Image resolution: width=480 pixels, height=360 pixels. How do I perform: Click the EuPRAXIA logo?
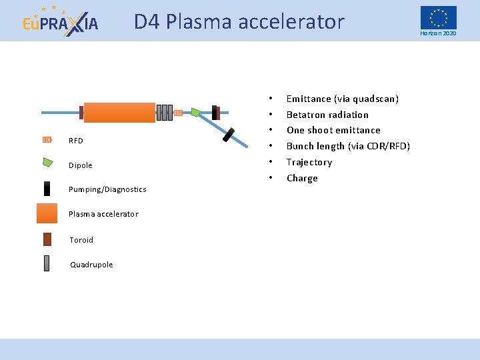pos(60,21)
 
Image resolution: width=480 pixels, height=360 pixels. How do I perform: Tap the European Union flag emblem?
pos(438,17)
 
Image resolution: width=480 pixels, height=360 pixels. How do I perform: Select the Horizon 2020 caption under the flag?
pos(438,33)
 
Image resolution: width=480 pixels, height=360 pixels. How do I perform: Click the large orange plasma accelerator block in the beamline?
pos(119,113)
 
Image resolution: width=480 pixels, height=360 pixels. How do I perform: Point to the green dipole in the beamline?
pos(196,112)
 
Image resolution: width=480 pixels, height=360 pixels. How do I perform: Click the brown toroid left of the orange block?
pos(81,113)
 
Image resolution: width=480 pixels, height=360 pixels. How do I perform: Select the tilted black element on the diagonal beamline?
pos(229,135)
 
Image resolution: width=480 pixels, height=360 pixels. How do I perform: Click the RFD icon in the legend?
pos(47,140)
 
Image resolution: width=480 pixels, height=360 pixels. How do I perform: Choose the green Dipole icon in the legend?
pos(47,162)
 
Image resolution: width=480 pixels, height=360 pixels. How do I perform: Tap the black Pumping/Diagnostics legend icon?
pos(47,189)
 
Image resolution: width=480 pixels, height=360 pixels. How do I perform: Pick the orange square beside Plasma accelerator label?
pos(47,213)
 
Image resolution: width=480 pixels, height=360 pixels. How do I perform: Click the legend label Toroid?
pos(81,240)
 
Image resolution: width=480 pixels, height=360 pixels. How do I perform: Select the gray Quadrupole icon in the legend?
pos(47,263)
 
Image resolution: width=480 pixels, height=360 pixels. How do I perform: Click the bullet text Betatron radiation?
pos(327,115)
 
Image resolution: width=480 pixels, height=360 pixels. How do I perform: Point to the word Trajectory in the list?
pos(309,162)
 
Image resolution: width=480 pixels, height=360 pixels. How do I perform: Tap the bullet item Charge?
pos(302,178)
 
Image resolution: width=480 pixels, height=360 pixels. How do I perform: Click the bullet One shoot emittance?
pos(333,130)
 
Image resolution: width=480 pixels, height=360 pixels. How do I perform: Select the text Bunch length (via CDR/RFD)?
pos(348,146)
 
